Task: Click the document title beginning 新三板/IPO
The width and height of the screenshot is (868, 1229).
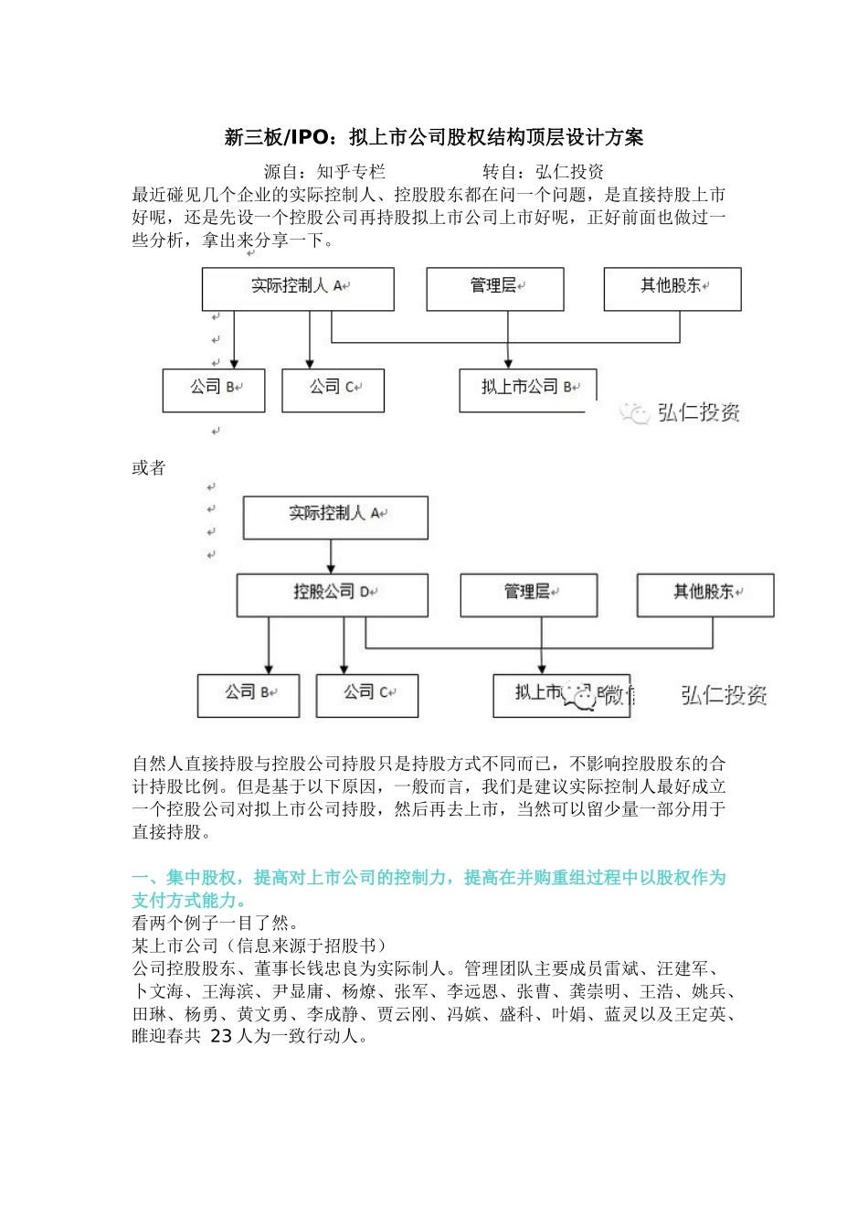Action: pyautogui.click(x=434, y=138)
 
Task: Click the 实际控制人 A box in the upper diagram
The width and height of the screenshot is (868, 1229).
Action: pyautogui.click(x=298, y=288)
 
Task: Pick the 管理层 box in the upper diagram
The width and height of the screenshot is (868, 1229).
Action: pyautogui.click(x=494, y=288)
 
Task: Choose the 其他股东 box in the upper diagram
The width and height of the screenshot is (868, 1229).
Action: pyautogui.click(x=672, y=288)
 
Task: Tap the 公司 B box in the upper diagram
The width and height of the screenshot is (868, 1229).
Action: pyautogui.click(x=214, y=390)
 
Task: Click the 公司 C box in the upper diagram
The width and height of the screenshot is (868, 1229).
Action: pyautogui.click(x=333, y=390)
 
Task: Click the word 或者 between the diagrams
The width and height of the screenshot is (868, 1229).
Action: pyautogui.click(x=149, y=468)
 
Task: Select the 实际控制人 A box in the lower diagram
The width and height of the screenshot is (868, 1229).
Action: pyautogui.click(x=334, y=517)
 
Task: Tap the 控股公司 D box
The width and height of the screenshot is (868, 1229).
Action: pyautogui.click(x=333, y=594)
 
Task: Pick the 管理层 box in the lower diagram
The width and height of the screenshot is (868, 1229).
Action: pyautogui.click(x=528, y=594)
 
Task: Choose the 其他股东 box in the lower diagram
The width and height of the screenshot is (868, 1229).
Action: pyautogui.click(x=704, y=594)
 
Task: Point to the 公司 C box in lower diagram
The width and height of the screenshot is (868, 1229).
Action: pyautogui.click(x=366, y=695)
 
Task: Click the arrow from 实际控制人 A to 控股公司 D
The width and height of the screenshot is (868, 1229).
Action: pyautogui.click(x=332, y=556)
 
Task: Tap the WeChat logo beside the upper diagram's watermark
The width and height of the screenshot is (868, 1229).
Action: pyautogui.click(x=633, y=413)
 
